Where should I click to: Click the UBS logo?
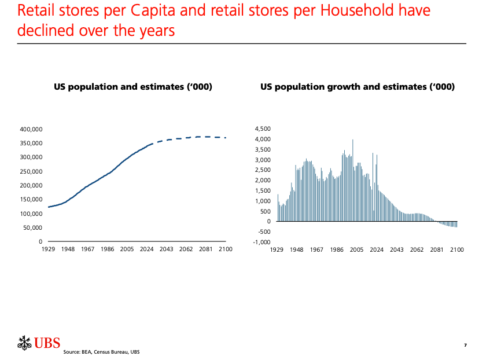pyautogui.click(x=39, y=342)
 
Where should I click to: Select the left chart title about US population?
pyautogui.click(x=133, y=87)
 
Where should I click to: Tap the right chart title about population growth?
pyautogui.click(x=357, y=87)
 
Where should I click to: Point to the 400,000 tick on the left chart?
pyautogui.click(x=30, y=129)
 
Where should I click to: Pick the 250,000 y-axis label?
pyautogui.click(x=30, y=171)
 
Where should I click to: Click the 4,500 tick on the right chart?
pyautogui.click(x=262, y=128)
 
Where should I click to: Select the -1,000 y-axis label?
pyautogui.click(x=261, y=243)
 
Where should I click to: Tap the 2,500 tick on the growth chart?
pyautogui.click(x=262, y=170)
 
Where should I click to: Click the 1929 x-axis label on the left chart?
pyautogui.click(x=48, y=249)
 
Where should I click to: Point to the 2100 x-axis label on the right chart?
pyautogui.click(x=457, y=250)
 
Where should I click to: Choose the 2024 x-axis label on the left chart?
pyautogui.click(x=146, y=249)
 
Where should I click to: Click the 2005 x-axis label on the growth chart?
pyautogui.click(x=356, y=250)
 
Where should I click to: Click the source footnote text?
pyautogui.click(x=102, y=352)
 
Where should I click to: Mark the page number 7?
pyautogui.click(x=465, y=346)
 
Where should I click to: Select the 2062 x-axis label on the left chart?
pyautogui.click(x=186, y=249)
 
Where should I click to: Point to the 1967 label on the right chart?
pyautogui.click(x=316, y=250)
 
